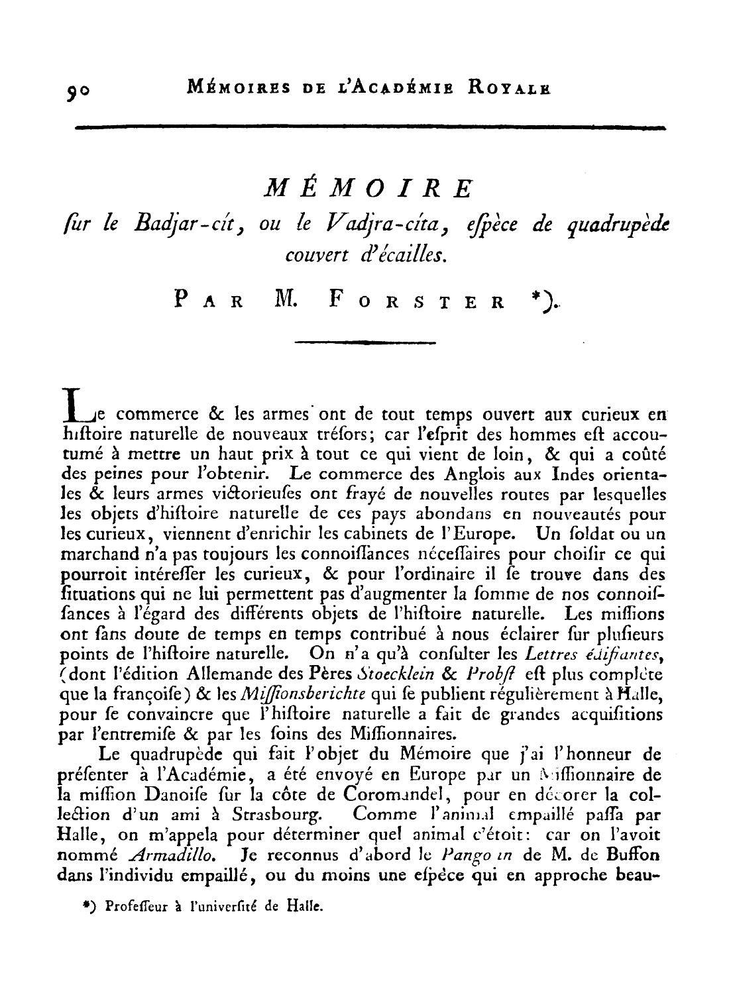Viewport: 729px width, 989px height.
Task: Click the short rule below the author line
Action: point(364,342)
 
